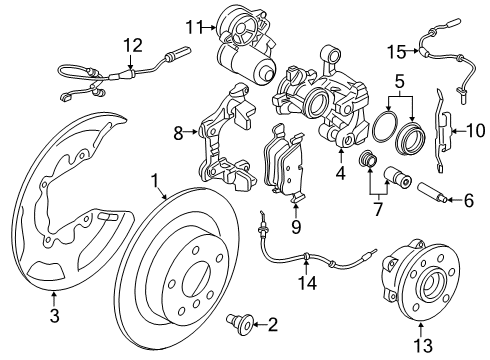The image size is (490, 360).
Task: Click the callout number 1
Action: (x=155, y=181)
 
